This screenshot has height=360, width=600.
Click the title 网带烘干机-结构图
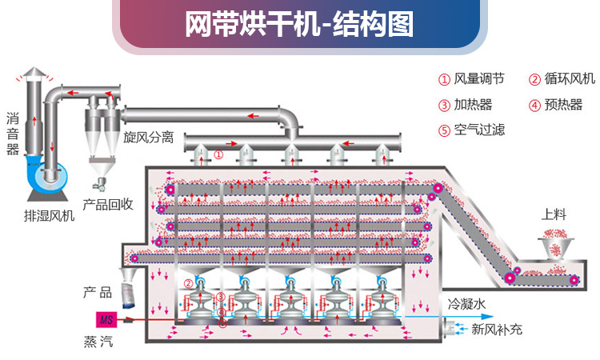tap(299, 25)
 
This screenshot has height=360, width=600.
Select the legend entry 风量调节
tap(478, 78)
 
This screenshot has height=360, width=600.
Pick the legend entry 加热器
tap(473, 104)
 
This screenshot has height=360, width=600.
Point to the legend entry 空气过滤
tap(479, 130)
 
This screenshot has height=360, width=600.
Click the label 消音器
tap(12, 134)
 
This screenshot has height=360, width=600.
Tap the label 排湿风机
tap(49, 215)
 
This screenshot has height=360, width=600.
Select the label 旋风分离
tap(148, 137)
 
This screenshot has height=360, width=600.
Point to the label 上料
tap(554, 214)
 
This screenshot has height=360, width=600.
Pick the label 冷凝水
tap(465, 304)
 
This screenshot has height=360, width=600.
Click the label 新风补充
tap(496, 329)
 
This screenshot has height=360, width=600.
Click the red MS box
tap(106, 318)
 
